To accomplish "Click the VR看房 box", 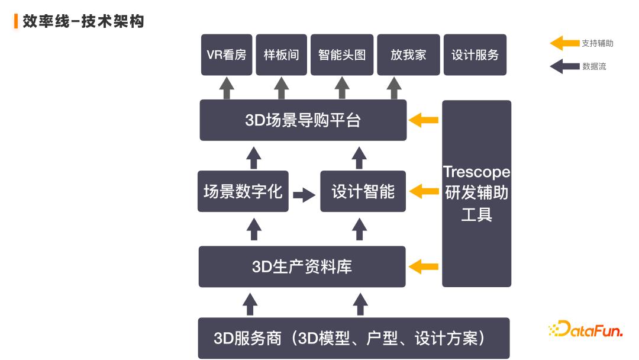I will (x=227, y=55).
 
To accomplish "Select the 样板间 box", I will (x=281, y=55).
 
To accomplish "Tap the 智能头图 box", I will (x=342, y=55).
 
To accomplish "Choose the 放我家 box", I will (x=408, y=55).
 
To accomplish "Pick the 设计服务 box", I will (x=475, y=55).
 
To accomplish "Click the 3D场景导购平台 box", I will (x=303, y=120).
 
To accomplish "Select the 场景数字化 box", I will (x=243, y=191).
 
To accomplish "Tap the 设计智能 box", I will (x=363, y=191).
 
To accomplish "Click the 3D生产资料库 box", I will (x=302, y=266).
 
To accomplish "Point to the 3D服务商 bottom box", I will (x=353, y=338).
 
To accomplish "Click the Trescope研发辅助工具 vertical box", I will (x=476, y=194).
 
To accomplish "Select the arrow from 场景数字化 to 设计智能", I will (x=304, y=194).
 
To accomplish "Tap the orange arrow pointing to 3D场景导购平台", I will (x=424, y=120).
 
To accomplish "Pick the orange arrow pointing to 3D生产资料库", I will (x=424, y=266).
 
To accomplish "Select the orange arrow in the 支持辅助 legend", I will (x=564, y=43).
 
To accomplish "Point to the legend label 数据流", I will (x=594, y=66).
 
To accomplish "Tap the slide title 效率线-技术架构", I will (x=83, y=22).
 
